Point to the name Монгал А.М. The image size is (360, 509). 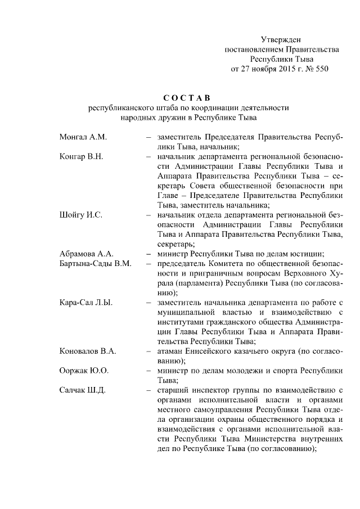click(x=83, y=137)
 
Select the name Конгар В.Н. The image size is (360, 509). click(x=81, y=156)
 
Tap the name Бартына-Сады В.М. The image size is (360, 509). click(x=95, y=263)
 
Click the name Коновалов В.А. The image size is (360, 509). click(x=88, y=351)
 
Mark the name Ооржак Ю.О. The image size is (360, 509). click(x=84, y=370)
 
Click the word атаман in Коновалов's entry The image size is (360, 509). click(x=170, y=351)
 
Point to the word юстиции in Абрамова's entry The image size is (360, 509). click(x=303, y=254)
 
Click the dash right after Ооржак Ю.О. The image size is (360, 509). click(x=147, y=370)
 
